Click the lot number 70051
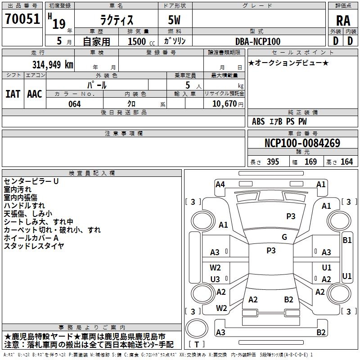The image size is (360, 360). tap(22, 19)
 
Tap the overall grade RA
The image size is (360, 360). tap(343, 21)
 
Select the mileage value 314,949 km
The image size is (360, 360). tap(53, 65)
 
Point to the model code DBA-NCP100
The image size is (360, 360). tap(258, 41)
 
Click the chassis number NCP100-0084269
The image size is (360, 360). tap(302, 143)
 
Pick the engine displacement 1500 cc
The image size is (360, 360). tap(141, 41)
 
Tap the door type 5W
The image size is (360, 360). tap(174, 20)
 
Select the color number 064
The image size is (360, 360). tap(75, 104)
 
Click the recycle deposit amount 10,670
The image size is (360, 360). tap(224, 104)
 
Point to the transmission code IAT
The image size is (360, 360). tap(13, 94)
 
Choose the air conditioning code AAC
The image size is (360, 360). tap(35, 94)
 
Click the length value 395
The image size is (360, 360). tap(273, 162)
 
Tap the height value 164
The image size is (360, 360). tap(346, 162)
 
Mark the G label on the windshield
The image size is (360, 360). tap(284, 237)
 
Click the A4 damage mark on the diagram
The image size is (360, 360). tap(220, 184)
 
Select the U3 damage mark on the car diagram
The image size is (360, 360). tap(215, 279)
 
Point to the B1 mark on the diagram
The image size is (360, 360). tap(347, 240)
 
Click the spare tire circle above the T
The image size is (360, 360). tap(197, 328)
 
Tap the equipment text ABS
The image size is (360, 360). tap(258, 121)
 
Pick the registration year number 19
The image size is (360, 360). tap(59, 24)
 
